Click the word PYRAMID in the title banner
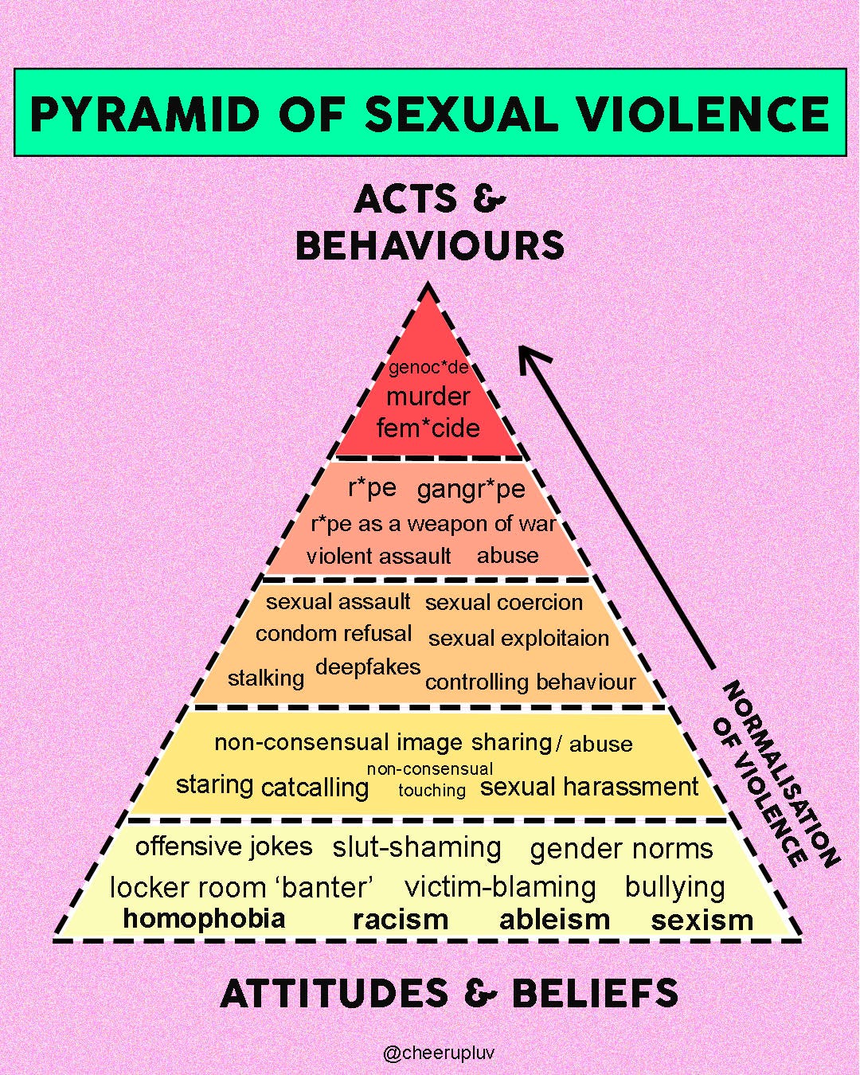[144, 114]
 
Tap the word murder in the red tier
[428, 397]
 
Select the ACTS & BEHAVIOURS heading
[430, 222]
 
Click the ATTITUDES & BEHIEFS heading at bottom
[449, 994]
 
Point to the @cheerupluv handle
[439, 1053]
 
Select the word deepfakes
[368, 666]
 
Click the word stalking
[266, 678]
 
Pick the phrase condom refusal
[334, 634]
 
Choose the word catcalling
[315, 788]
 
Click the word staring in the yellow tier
[214, 785]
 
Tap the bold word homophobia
[204, 918]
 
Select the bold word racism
[401, 920]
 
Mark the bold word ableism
[554, 920]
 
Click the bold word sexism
[702, 921]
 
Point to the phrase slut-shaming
[416, 847]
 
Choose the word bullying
[674, 887]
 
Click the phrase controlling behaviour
[530, 682]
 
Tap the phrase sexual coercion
[503, 603]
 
